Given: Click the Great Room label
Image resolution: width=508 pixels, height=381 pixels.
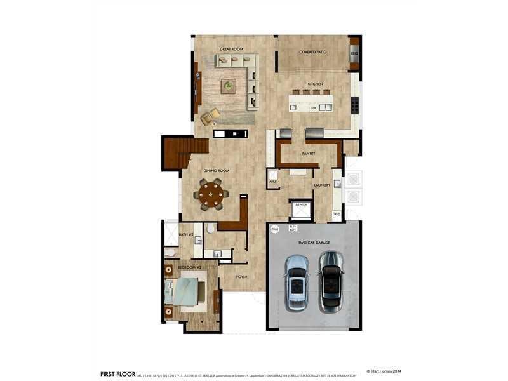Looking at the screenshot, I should tap(232, 49).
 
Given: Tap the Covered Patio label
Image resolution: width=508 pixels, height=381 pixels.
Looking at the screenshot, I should tap(313, 52).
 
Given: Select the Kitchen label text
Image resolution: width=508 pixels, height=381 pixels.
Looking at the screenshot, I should tap(316, 84).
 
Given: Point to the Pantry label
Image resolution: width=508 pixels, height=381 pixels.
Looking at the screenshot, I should tap(309, 154).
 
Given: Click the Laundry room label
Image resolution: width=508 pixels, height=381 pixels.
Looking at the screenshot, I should tap(322, 185).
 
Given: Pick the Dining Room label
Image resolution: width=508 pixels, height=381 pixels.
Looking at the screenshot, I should tap(216, 171).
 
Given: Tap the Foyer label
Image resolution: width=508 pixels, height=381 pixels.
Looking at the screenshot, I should tap(241, 277).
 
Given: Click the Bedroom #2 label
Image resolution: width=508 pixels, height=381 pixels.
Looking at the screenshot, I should tap(189, 267).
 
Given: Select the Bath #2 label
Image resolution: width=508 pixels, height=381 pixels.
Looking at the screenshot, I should tap(186, 234).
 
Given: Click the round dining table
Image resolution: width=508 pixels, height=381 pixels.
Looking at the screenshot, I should tap(211, 195).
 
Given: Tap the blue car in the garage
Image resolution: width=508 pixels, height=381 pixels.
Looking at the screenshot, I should tap(297, 281).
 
